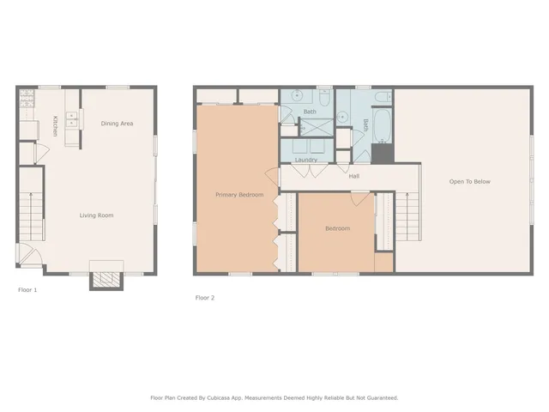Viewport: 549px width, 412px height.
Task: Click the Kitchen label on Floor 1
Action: pos(56,126)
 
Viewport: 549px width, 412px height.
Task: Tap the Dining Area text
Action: pos(117,124)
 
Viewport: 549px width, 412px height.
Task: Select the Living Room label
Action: pos(96,215)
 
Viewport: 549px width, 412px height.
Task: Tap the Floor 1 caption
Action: pos(27,290)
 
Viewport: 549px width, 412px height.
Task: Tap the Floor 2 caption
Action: pos(204,298)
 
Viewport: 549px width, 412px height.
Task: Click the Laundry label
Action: pos(306,160)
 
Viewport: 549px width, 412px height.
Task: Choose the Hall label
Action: pos(353,176)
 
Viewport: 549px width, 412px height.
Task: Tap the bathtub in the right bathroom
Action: pos(383,127)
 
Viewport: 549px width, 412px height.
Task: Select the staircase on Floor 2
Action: pos(408,215)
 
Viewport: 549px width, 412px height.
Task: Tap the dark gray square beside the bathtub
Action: pos(382,154)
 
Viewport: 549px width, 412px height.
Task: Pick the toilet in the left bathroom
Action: pos(323,96)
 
